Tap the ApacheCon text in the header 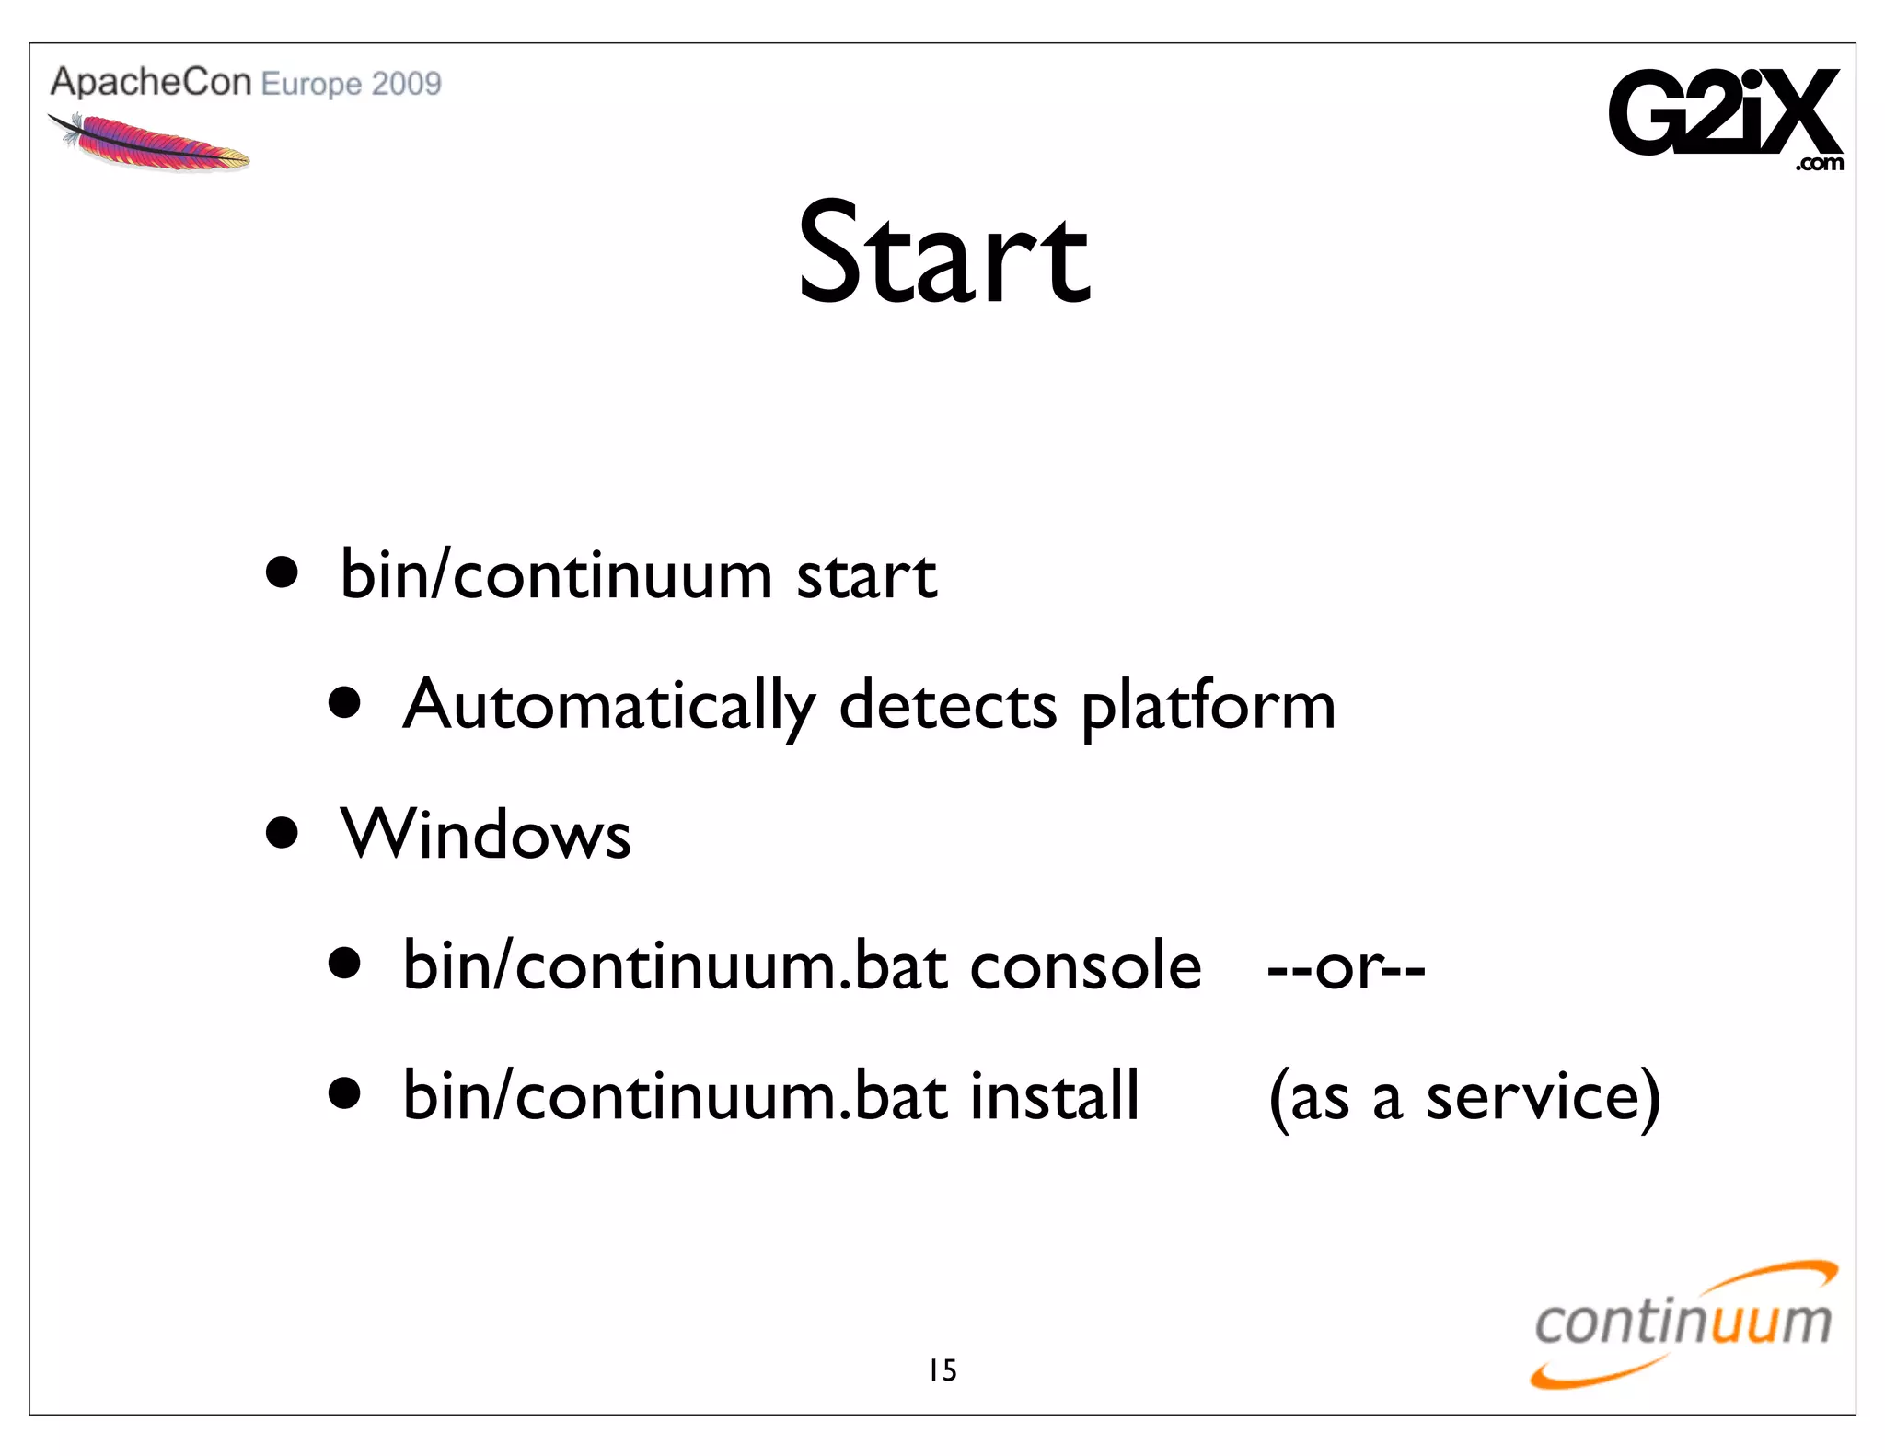150,82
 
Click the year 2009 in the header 406,84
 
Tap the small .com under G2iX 1819,164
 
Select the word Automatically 608,706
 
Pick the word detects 947,706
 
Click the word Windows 485,835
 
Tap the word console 1085,966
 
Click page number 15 942,1370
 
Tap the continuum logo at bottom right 1683,1323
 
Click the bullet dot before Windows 282,833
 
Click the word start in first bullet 865,576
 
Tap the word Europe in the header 311,85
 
